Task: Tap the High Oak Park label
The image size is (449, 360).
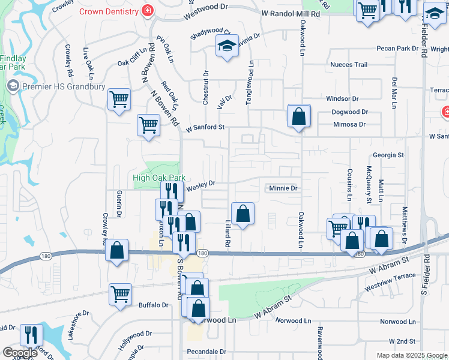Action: click(x=158, y=178)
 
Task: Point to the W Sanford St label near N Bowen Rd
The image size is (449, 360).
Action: click(x=205, y=127)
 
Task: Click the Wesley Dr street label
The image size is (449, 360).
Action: click(x=200, y=186)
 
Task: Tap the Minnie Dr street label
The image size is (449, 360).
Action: click(x=282, y=188)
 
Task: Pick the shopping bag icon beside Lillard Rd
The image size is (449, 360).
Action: click(x=243, y=214)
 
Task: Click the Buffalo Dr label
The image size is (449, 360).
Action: click(x=153, y=305)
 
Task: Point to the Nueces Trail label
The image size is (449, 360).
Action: click(x=348, y=65)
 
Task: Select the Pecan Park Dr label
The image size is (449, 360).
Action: click(x=397, y=48)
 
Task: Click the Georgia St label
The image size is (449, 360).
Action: click(x=388, y=155)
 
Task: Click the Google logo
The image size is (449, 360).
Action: click(x=20, y=353)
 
